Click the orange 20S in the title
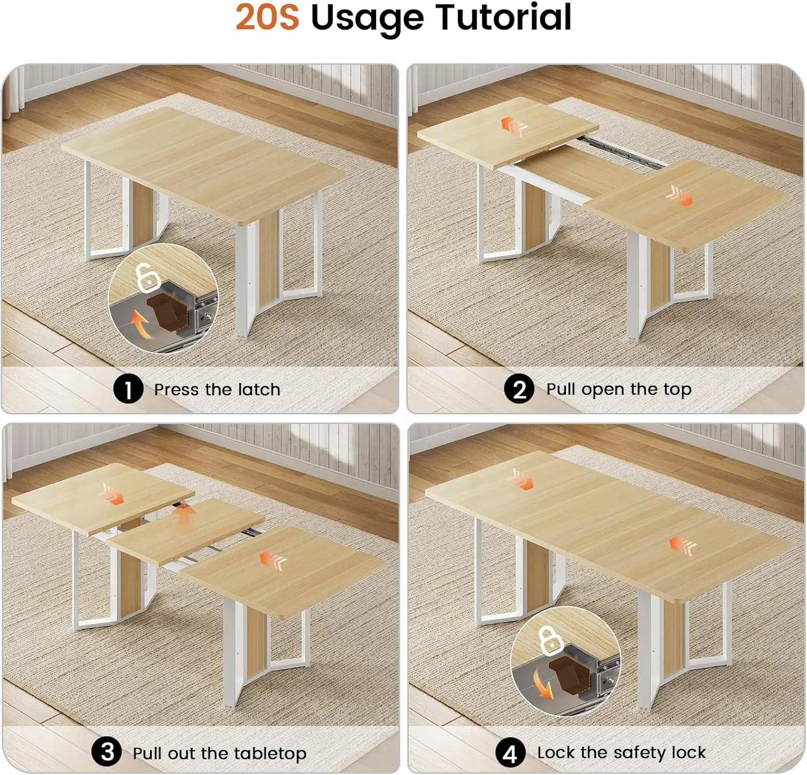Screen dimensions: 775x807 tap(267, 17)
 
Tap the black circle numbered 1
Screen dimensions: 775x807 tap(128, 389)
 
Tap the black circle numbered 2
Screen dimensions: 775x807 tap(519, 389)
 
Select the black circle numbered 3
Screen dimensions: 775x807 tap(107, 751)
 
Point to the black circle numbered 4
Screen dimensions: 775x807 tap(509, 752)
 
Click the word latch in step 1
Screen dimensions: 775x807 tap(259, 389)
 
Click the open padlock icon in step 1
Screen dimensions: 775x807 tap(147, 277)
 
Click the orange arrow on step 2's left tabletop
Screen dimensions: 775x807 tap(514, 127)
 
